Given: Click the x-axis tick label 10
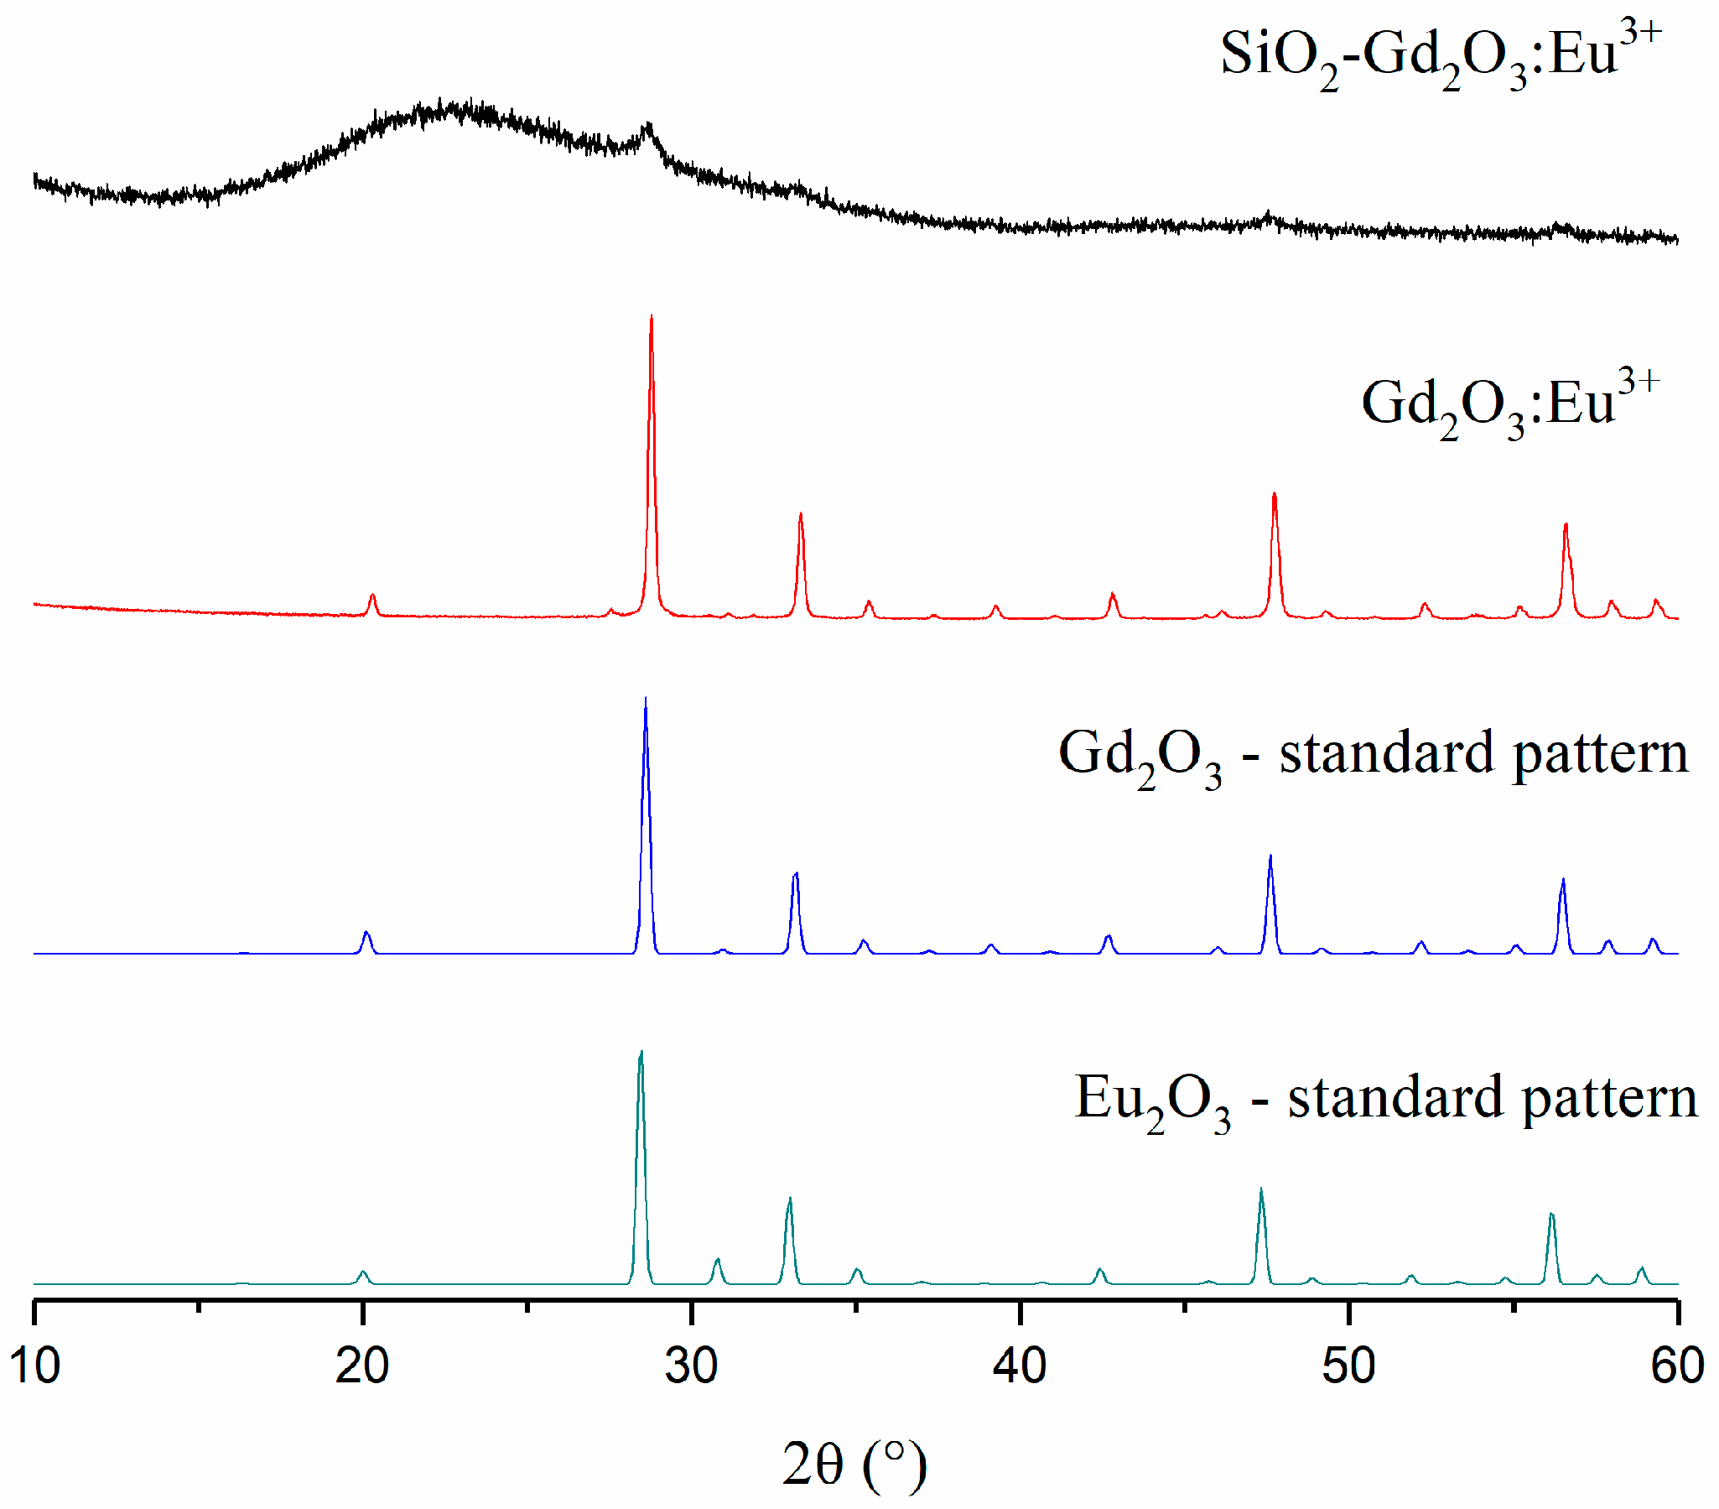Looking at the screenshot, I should coord(35,1365).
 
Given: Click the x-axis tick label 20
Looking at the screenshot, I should coord(362,1365).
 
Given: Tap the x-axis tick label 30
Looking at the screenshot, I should coord(691,1365).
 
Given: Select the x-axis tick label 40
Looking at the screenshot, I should coord(1020,1365).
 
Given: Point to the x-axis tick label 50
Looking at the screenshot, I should coord(1348,1365).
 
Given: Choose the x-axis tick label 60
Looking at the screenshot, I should coord(1677,1365).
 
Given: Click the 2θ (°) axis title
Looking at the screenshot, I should coord(854,1464).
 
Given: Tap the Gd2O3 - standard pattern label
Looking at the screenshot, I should coord(1373,755).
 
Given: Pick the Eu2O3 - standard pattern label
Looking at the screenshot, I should coord(1385,1100).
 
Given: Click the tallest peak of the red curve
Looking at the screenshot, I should coord(652,317).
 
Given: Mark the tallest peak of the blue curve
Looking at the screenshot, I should coord(645,699).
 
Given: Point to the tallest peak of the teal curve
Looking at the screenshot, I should coord(641,1052).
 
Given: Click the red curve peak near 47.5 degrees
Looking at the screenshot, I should coord(1274,495).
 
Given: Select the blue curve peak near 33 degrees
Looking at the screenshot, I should coord(796,875).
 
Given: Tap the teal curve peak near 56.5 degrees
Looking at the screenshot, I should coord(1551,1215).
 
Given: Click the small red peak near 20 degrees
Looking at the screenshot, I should coord(372,596).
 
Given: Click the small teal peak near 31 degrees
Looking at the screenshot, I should coord(718,1260).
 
